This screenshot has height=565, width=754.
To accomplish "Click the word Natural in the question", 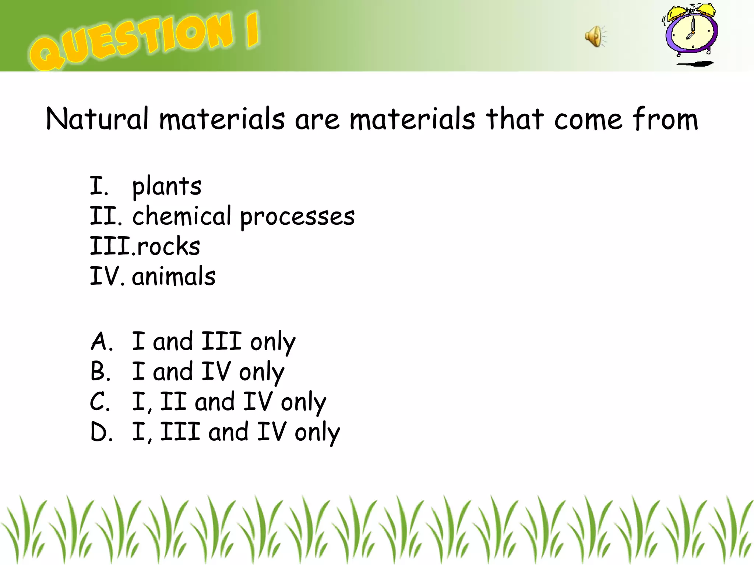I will coord(97,118).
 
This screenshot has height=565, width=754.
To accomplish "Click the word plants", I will coord(167,186).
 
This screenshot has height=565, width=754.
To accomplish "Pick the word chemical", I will coord(182,216).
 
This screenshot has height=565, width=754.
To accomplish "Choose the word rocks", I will coord(168,246).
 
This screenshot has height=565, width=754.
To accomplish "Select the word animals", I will coord(174,276).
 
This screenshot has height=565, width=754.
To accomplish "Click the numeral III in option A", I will coord(221,341).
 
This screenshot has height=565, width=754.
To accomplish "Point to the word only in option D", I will coord(317,433).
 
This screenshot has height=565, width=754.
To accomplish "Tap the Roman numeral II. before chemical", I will coord(105,216).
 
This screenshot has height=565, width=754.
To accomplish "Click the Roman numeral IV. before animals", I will coord(106,276).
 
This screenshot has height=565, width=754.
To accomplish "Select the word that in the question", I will coord(514,118).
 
